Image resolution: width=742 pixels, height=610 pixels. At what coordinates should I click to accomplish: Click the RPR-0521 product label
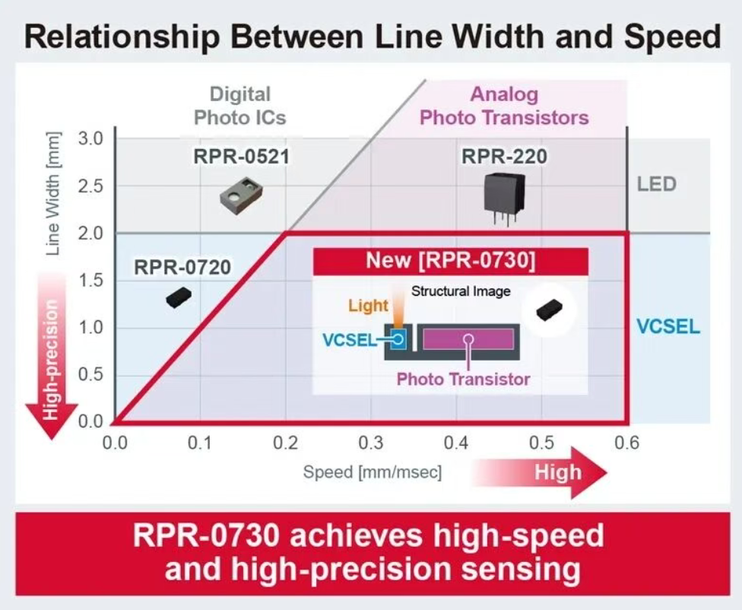point(241,156)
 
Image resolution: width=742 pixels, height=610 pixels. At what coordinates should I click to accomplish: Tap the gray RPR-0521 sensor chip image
point(241,195)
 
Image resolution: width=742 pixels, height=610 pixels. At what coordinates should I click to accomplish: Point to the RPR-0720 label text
point(182,267)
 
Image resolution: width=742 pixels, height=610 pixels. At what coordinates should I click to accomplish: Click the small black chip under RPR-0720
point(179,297)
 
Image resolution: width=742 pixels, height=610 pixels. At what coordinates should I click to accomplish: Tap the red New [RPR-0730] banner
point(451,260)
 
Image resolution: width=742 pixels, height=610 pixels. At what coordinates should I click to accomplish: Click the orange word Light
point(368,306)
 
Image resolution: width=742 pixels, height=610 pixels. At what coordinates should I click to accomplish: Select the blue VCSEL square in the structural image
point(398,339)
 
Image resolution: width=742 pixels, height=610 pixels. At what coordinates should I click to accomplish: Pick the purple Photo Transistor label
point(463,379)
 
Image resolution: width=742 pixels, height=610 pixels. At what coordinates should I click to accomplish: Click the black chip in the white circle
point(550,310)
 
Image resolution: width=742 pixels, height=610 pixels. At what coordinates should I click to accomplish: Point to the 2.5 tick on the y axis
point(90,186)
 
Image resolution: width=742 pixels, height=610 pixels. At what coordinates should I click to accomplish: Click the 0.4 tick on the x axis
point(456,443)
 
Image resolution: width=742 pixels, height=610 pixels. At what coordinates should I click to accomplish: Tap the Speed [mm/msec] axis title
point(373,472)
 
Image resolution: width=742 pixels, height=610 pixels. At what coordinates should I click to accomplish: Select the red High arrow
point(540,472)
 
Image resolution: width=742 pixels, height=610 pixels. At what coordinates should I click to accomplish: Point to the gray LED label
point(656,184)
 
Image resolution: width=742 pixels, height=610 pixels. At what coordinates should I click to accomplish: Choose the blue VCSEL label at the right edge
point(667,327)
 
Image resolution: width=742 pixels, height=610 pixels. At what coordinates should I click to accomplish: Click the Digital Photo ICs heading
point(240,106)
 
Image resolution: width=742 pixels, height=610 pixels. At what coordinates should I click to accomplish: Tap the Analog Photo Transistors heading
point(504,106)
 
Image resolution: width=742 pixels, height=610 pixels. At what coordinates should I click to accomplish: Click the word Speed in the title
point(672,37)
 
